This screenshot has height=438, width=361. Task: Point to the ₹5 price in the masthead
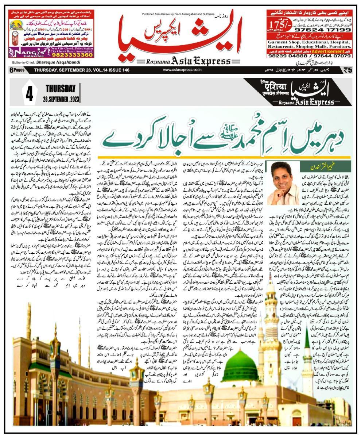click(x=347, y=70)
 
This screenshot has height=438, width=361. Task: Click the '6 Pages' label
click(x=16, y=70)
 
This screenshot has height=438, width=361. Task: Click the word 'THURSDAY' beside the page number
click(x=61, y=89)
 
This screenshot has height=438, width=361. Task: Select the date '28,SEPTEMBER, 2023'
click(x=62, y=99)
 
